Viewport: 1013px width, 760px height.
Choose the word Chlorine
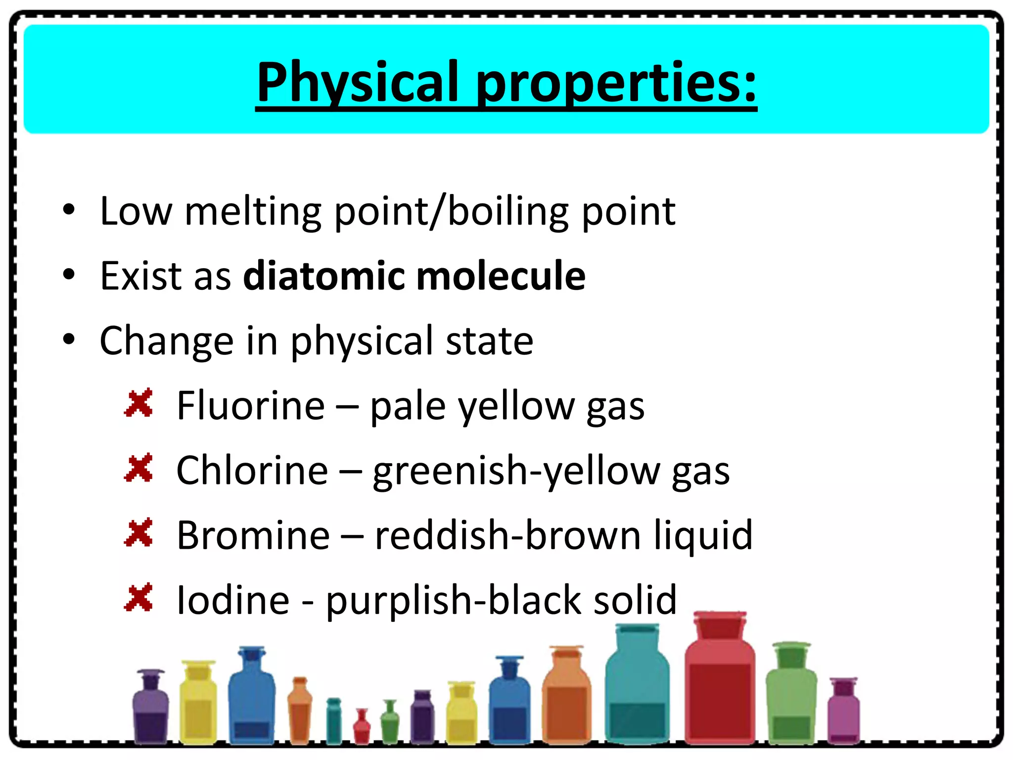[x=252, y=470]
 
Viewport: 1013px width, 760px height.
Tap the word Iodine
[x=233, y=600]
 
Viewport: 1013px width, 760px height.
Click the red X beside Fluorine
[x=139, y=404]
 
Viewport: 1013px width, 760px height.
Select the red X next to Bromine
[x=139, y=533]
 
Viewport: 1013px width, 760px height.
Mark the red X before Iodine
[x=139, y=598]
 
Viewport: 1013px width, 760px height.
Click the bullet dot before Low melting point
[x=69, y=210]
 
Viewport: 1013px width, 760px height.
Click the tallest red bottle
[x=720, y=693]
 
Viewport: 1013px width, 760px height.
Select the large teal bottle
[x=637, y=693]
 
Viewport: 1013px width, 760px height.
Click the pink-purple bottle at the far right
[x=843, y=712]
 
